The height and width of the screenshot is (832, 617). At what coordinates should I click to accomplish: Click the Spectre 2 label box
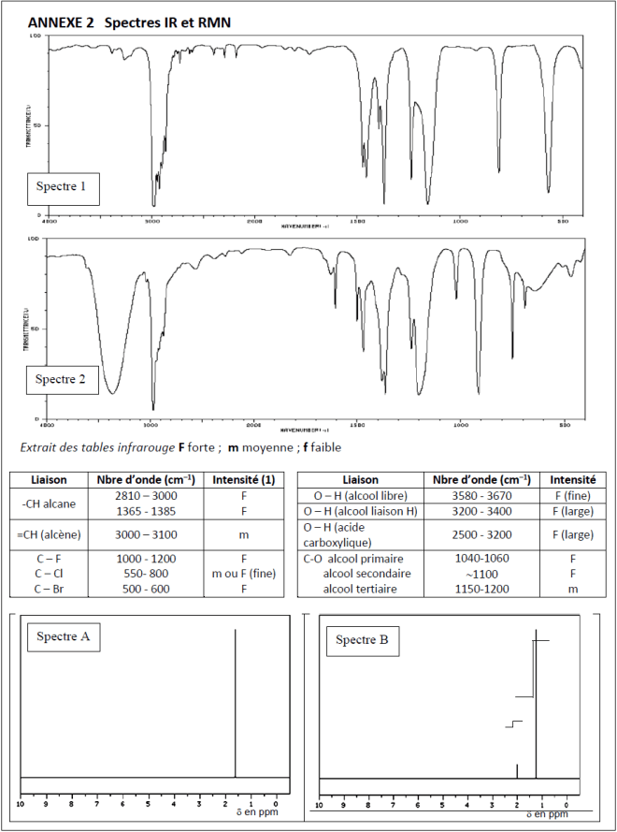click(x=61, y=379)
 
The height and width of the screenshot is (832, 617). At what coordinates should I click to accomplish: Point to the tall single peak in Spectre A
click(x=235, y=702)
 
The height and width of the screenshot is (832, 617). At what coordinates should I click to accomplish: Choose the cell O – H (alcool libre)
click(x=360, y=495)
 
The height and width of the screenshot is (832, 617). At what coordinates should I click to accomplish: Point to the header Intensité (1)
click(x=244, y=479)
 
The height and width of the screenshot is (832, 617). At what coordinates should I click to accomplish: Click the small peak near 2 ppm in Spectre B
click(x=517, y=770)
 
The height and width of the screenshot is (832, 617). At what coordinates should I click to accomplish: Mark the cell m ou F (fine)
click(x=244, y=573)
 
